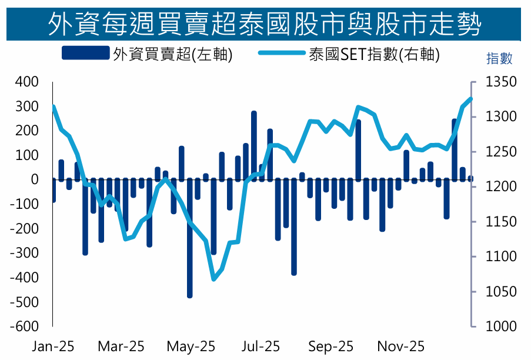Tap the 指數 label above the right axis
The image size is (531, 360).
499,58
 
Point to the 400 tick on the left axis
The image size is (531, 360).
26,82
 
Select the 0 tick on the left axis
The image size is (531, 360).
35,179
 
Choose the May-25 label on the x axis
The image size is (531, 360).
191,346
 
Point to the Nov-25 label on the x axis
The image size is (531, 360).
400,346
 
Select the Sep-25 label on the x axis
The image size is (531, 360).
331,346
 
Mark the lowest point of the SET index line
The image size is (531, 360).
213,279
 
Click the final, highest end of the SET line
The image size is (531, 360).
470,99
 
